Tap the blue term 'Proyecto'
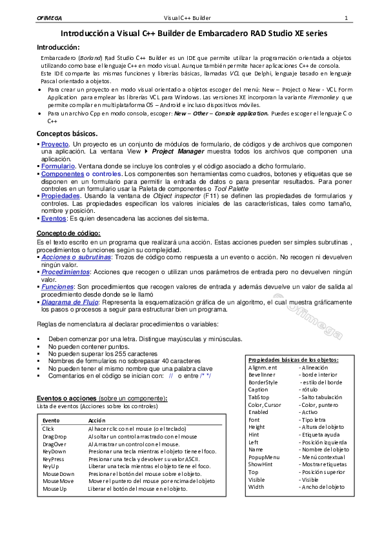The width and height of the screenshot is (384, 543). point(55,144)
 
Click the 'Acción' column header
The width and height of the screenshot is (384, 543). point(97,420)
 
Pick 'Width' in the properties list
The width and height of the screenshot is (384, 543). point(256,487)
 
